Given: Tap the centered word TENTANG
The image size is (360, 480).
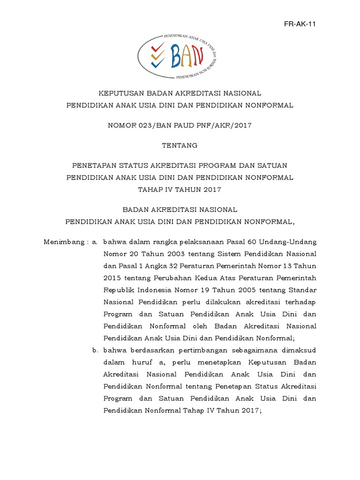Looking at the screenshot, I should tap(180, 145).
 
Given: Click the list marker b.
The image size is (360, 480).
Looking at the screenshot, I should tap(95, 350).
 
